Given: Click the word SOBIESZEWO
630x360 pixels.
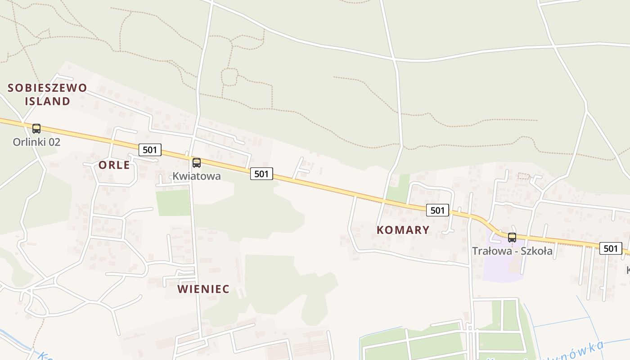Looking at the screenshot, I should (47, 88).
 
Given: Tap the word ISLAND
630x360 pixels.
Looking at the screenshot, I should (47, 101).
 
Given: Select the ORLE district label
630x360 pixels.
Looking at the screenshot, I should (114, 165).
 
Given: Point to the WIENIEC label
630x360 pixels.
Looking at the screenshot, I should (203, 289).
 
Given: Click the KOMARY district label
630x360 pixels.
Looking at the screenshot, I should (403, 230).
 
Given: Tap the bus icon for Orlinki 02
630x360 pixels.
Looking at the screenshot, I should (36, 129).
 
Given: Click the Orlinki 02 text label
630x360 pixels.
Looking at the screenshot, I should (36, 142).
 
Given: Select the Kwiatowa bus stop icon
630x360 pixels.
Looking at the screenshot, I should (197, 163).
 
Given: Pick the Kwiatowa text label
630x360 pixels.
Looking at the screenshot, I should (197, 176).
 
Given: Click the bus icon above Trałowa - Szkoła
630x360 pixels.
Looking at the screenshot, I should (512, 238).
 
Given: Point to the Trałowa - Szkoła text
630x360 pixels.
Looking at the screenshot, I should (512, 251).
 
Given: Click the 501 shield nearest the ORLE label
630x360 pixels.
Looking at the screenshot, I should (149, 150).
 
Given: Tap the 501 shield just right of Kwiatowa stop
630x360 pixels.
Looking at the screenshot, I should (261, 174).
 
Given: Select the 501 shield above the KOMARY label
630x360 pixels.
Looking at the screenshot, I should (437, 210).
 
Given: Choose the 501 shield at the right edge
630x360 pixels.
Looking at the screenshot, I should (611, 248).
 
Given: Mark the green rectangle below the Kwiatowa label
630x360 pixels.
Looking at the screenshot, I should (173, 202).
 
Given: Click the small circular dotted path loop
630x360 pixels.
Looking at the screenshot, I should (229, 77).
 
